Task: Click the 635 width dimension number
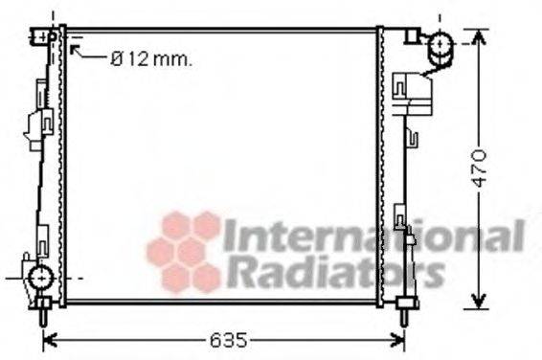tap(227, 339)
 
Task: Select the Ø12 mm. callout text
tap(151, 59)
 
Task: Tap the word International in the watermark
tap(373, 236)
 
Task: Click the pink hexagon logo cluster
tap(185, 251)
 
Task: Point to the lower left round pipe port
tap(39, 279)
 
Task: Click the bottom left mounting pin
tap(44, 311)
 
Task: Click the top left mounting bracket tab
tap(41, 36)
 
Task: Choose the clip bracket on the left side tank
tap(42, 124)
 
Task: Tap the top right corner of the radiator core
tap(377, 31)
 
